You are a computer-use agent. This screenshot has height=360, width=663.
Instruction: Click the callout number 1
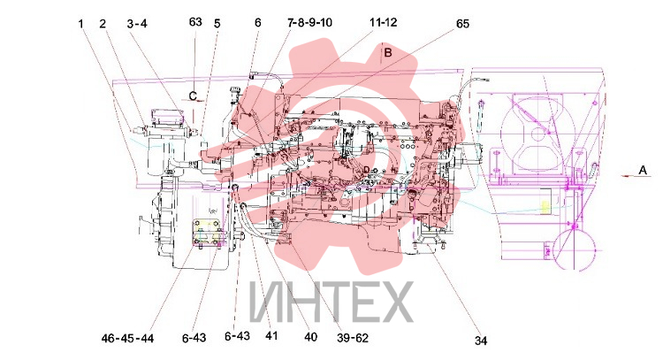pos(81,24)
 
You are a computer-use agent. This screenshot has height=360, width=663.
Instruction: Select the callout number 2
pos(103,24)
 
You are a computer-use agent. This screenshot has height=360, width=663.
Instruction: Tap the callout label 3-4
pos(137,24)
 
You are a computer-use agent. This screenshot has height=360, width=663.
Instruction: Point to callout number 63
pos(195,22)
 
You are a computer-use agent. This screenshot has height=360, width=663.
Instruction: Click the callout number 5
pos(217,24)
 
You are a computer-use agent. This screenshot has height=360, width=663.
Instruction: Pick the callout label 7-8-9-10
pos(310,22)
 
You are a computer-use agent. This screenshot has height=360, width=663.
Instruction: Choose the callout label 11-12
pos(384,22)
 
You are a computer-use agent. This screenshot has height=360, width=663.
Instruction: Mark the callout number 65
pos(462,24)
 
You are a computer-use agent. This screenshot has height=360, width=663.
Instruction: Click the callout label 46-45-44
pos(127,339)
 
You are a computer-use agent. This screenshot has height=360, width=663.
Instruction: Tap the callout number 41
pos(271,336)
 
